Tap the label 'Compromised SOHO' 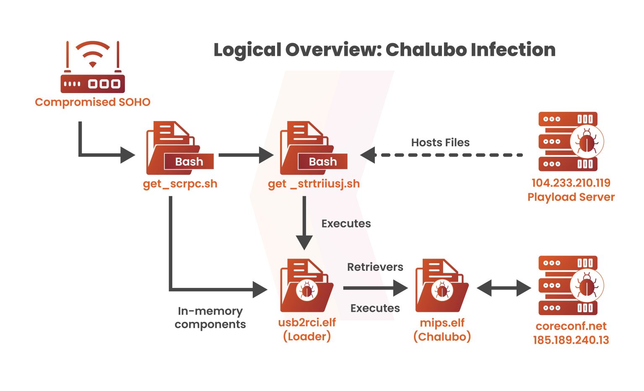(93, 102)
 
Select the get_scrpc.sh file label (180, 184)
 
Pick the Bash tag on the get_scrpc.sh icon (189, 162)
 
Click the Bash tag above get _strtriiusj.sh (322, 162)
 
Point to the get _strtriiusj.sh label (314, 184)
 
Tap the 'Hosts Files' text (440, 142)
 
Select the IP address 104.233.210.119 (571, 183)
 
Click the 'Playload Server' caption (571, 197)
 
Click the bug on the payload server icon (587, 142)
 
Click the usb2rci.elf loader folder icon (306, 286)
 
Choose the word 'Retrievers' (375, 267)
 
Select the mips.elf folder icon (441, 286)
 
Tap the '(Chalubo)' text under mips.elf (442, 337)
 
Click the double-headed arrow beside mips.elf (504, 288)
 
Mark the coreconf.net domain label (571, 326)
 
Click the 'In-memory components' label (210, 318)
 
